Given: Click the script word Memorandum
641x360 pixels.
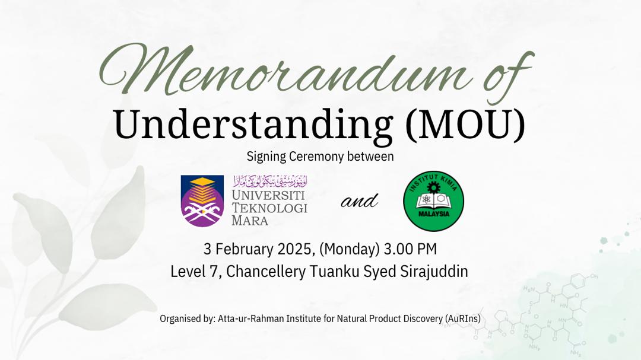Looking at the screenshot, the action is point(286,69).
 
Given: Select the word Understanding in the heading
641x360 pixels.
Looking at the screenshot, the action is point(253,126).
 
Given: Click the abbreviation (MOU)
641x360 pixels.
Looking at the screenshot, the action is point(465,125).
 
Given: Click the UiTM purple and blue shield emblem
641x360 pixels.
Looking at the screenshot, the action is point(202,200).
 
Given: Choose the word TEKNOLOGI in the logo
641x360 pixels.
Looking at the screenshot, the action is point(269,208).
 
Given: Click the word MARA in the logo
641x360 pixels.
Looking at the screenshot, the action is point(250,221).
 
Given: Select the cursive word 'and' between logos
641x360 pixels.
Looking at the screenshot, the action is point(359,201).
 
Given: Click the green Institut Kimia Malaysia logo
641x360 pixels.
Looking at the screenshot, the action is point(433,200).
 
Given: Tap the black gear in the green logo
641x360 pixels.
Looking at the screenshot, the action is point(433,187).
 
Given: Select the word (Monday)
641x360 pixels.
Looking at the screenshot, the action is point(350,249).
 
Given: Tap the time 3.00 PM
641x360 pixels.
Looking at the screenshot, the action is point(411,249).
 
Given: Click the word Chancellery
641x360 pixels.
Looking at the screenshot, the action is point(266,272).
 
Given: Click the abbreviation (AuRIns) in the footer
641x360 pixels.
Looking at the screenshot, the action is point(463,318).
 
